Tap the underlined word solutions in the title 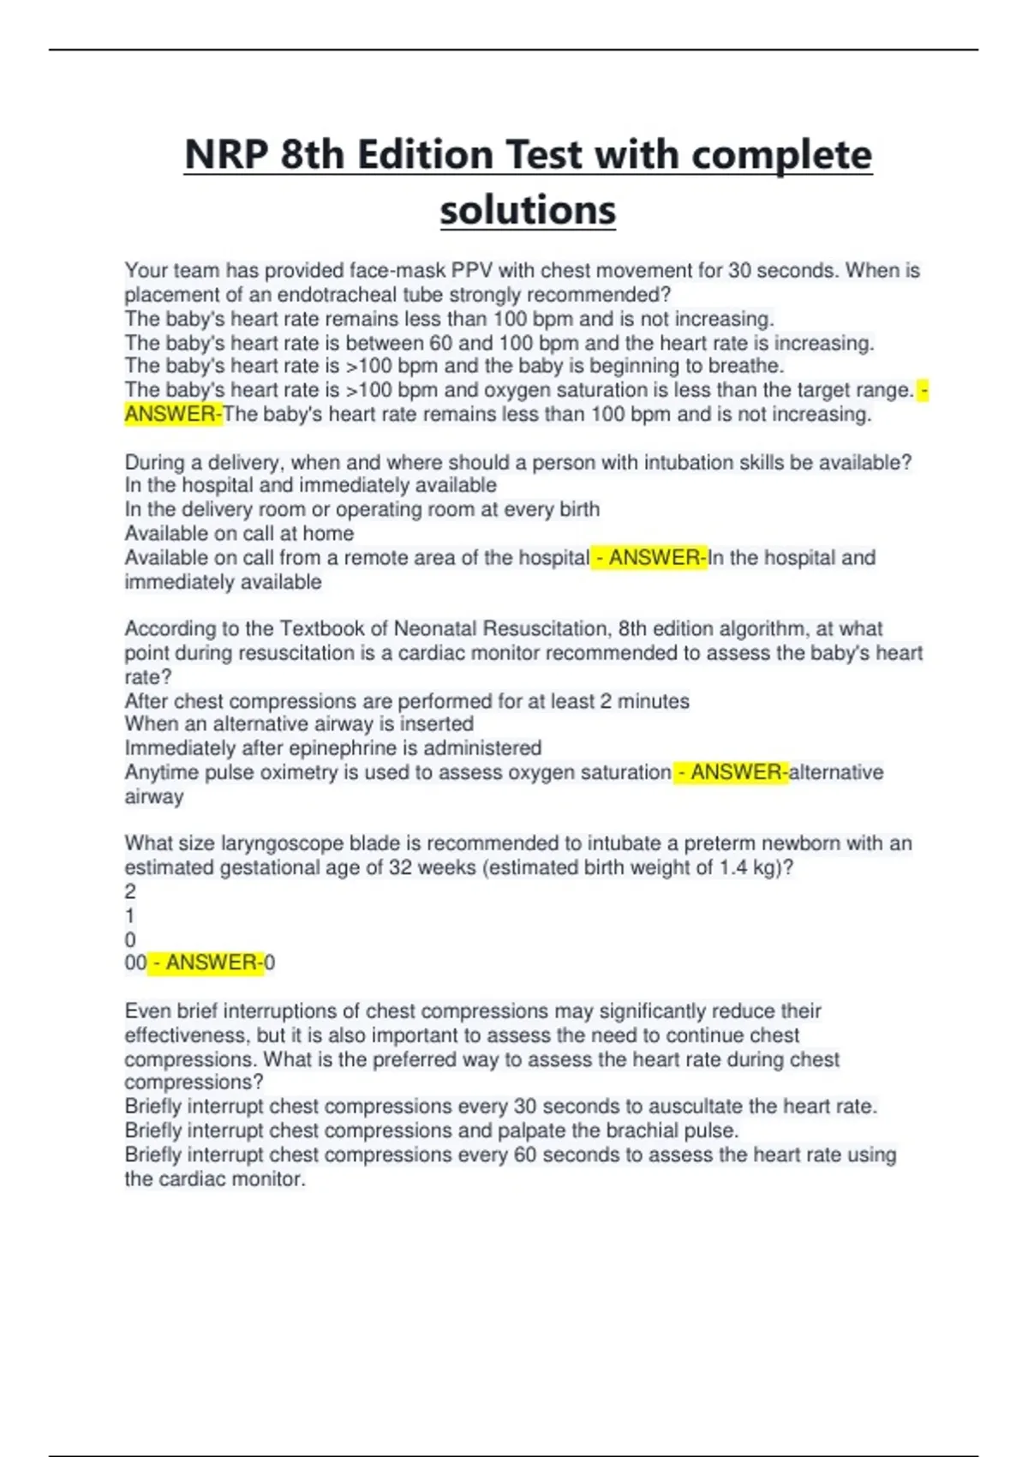[528, 210]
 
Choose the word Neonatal [434, 629]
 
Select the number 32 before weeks [400, 867]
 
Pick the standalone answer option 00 [135, 963]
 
